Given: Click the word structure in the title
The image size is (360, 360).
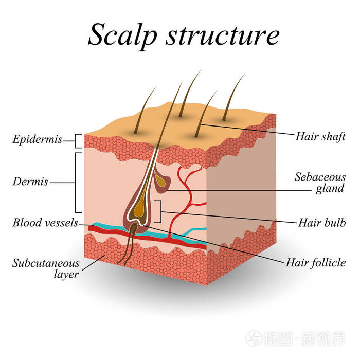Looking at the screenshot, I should (x=216, y=36).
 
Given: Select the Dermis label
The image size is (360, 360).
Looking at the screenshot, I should (x=31, y=182).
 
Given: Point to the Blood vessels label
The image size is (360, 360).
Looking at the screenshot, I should (x=45, y=223).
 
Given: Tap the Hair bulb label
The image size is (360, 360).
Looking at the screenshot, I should (x=321, y=223).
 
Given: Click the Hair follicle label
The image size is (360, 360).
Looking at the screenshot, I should (x=315, y=263).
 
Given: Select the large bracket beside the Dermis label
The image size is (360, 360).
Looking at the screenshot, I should (x=77, y=182).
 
